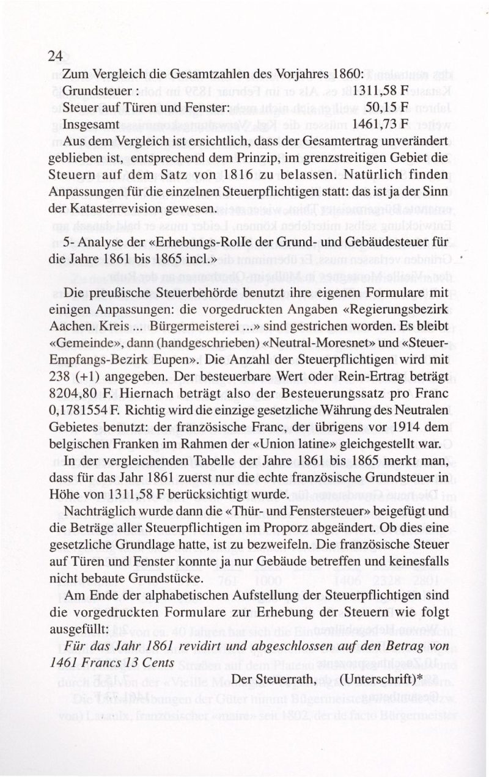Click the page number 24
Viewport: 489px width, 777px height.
55,56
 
